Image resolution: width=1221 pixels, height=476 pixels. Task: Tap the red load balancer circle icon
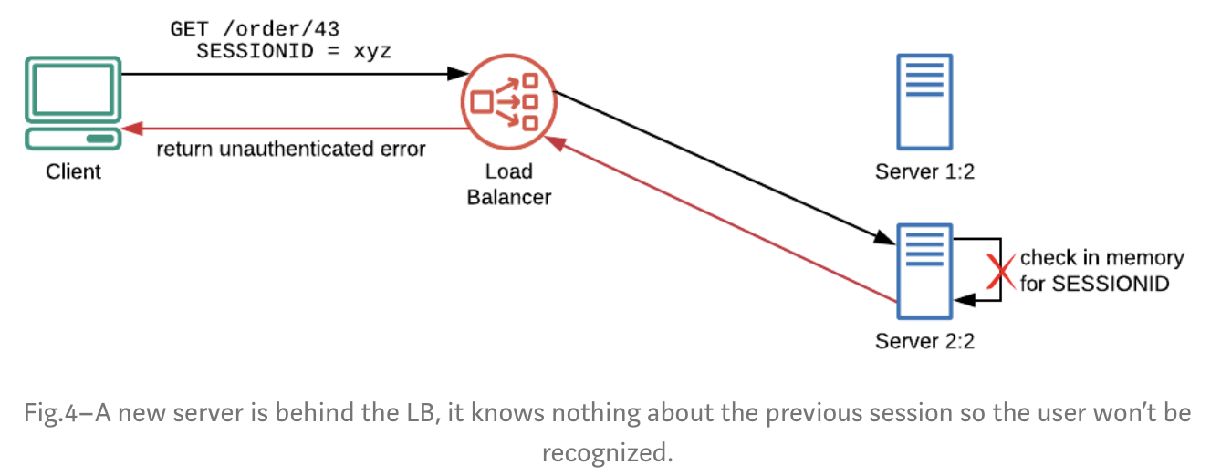point(507,102)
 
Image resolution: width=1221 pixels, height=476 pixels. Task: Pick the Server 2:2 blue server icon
point(924,271)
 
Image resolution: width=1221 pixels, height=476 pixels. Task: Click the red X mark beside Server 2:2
point(1001,270)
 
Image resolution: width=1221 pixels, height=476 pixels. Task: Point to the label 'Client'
point(73,171)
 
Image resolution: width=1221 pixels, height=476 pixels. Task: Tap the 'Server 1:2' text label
point(924,171)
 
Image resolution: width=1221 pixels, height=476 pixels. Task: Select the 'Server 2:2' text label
point(924,341)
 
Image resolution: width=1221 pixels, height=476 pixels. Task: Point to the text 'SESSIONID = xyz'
point(293,51)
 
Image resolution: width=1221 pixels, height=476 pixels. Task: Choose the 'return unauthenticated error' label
point(290,149)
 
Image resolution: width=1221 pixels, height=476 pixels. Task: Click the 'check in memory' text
point(1101,258)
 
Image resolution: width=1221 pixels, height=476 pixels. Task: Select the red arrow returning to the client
point(292,128)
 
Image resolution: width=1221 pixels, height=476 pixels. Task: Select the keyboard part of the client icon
point(72,140)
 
